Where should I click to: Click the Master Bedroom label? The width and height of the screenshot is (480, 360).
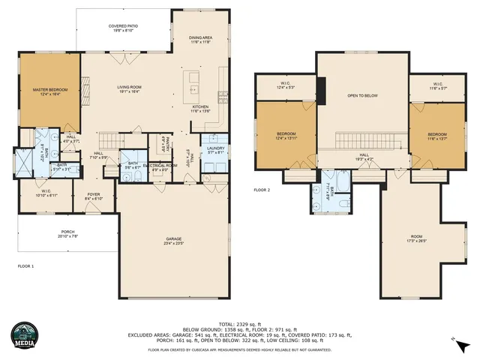50,91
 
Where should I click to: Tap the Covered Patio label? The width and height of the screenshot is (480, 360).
127,26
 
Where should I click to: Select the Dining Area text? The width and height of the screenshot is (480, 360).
199,39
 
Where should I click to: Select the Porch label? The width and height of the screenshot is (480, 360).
67,233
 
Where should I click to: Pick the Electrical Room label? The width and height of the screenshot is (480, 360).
164,166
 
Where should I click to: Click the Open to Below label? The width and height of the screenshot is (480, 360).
362,96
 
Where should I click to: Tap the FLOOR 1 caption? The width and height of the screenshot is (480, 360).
26,266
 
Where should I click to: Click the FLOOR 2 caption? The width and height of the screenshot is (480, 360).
262,190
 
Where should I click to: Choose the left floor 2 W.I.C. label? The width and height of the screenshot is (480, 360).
285,85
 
